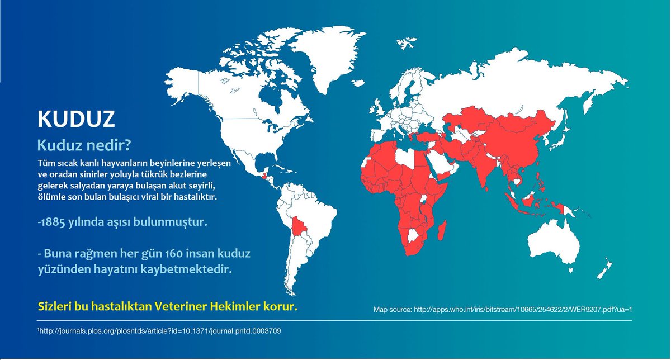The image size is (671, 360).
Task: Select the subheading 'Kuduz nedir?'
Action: click(84, 145)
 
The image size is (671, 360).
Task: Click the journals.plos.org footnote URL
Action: click(159, 331)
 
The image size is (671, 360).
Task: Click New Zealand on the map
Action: click(603, 271)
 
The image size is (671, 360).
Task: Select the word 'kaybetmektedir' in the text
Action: click(193, 269)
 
